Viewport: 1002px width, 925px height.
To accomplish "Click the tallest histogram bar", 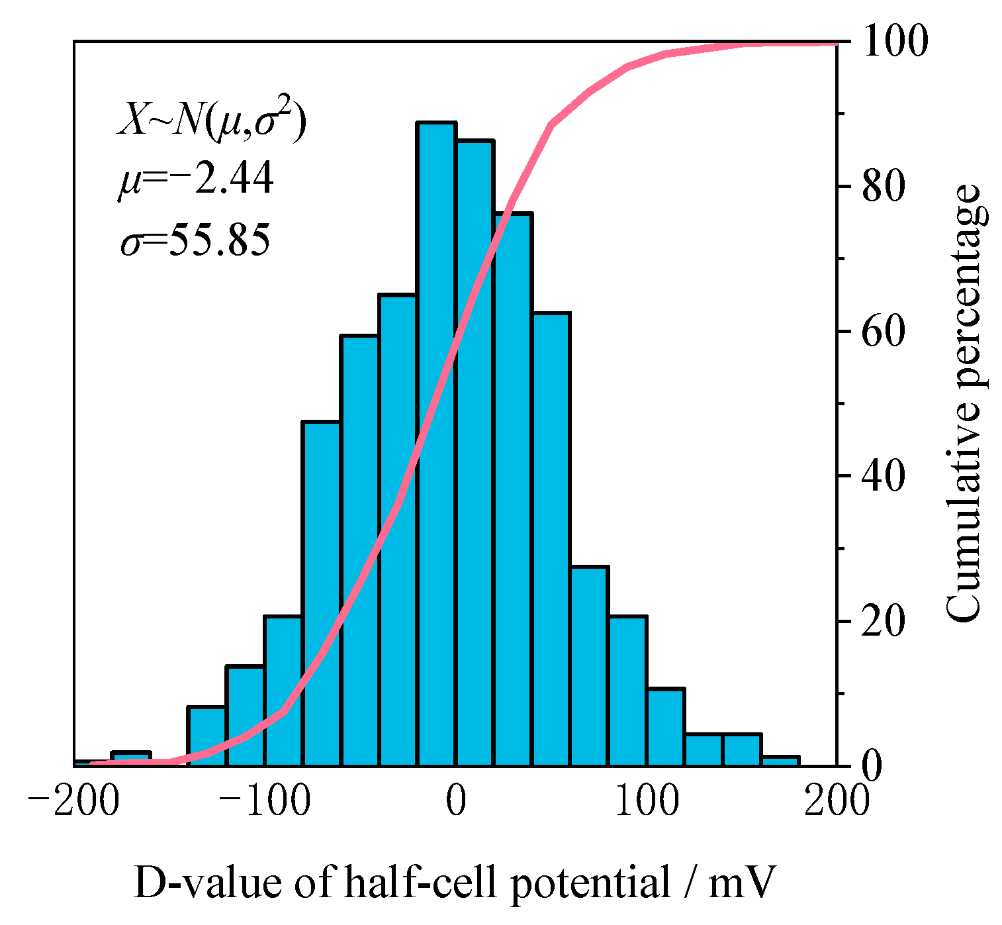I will coord(436,444).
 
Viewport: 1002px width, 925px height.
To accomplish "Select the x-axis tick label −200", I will coord(74,802).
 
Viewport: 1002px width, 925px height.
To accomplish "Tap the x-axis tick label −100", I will coord(265,802).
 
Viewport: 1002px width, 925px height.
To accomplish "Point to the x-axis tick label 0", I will coord(455,802).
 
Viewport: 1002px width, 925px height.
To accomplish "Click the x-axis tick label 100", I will coord(646,802).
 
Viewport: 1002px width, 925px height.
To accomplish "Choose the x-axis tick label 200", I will coord(835,802).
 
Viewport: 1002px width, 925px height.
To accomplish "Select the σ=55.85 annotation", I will coord(196,240).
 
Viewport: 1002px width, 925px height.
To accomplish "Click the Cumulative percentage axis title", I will coord(963,404).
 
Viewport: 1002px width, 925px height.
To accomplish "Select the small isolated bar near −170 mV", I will coord(131,759).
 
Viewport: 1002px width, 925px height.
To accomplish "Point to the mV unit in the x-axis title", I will coord(740,884).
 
